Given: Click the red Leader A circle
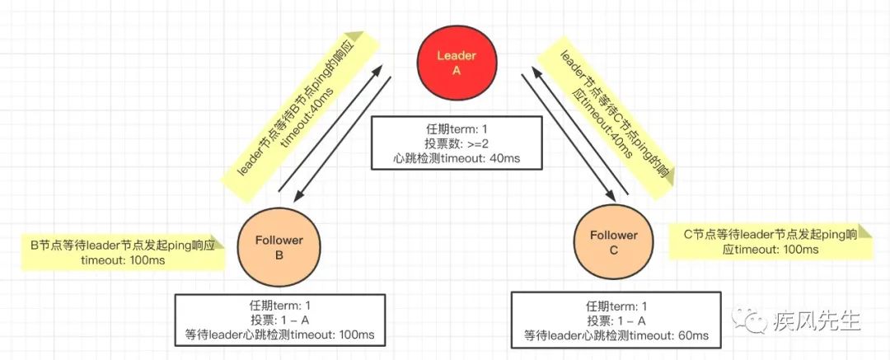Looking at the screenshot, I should (x=456, y=63).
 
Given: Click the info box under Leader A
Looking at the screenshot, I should (x=456, y=143).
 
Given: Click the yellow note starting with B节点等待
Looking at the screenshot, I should (x=122, y=252).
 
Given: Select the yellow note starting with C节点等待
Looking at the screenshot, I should (x=771, y=241).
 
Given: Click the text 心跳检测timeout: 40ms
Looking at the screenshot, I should (x=456, y=157).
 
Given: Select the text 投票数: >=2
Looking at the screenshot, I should (x=456, y=143).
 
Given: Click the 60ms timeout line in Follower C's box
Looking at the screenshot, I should (x=616, y=335).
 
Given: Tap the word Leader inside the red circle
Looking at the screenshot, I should (x=456, y=55).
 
